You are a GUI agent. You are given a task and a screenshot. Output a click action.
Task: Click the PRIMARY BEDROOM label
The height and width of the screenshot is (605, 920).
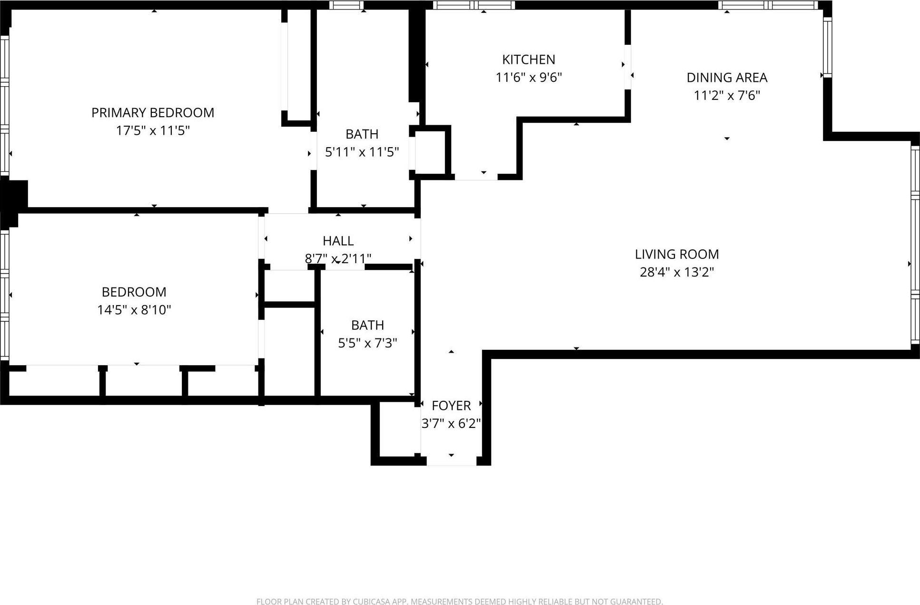pyautogui.click(x=152, y=113)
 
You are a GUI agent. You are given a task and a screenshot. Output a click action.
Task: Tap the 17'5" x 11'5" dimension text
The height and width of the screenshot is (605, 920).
pyautogui.click(x=152, y=130)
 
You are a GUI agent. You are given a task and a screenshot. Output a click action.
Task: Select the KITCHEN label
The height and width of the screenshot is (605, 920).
pyautogui.click(x=528, y=60)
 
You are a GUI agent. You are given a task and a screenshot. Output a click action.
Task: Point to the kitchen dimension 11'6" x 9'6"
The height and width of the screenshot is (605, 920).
pyautogui.click(x=528, y=77)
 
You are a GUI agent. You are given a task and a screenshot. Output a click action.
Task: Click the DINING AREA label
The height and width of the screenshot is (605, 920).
pyautogui.click(x=727, y=78)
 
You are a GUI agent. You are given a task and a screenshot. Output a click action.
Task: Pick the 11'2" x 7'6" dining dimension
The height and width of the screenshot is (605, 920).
pyautogui.click(x=727, y=95)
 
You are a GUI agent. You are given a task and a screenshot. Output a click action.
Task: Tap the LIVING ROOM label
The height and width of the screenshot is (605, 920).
pyautogui.click(x=676, y=254)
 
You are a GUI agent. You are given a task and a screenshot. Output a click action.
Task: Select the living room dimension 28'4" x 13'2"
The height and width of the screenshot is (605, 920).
pyautogui.click(x=676, y=272)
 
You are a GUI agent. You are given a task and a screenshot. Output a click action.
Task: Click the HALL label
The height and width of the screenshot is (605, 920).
pyautogui.click(x=338, y=241)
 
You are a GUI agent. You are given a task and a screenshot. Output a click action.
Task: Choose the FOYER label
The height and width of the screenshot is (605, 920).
pyautogui.click(x=451, y=406)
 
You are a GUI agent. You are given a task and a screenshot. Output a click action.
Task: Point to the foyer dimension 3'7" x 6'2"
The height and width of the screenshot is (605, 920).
pyautogui.click(x=451, y=423)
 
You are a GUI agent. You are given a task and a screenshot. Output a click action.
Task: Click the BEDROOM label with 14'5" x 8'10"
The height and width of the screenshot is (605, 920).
pyautogui.click(x=134, y=292)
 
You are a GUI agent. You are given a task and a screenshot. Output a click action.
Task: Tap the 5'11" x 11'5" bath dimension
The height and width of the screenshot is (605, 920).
pyautogui.click(x=362, y=152)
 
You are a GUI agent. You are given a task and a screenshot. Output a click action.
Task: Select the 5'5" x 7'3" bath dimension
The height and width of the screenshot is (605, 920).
pyautogui.click(x=367, y=343)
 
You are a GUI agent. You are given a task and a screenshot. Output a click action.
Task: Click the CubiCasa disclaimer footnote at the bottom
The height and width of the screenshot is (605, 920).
pyautogui.click(x=459, y=602)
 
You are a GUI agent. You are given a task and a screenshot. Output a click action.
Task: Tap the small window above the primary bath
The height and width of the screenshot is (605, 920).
pyautogui.click(x=346, y=5)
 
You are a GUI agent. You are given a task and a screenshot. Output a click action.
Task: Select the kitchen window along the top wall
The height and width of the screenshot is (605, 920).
pyautogui.click(x=474, y=5)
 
